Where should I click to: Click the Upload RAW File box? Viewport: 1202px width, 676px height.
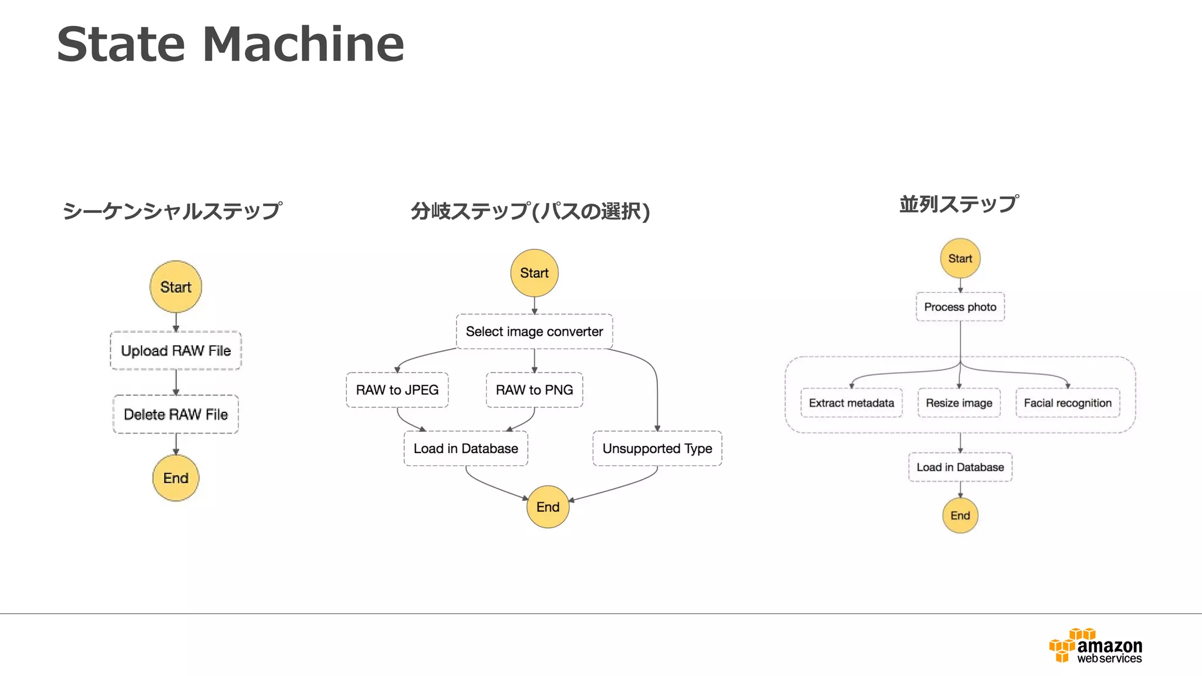(175, 351)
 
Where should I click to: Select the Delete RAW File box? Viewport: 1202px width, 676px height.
(175, 414)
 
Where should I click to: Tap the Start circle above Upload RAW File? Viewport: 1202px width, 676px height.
(175, 287)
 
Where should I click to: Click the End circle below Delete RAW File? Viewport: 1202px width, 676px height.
(175, 478)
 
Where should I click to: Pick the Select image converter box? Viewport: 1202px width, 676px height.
(534, 332)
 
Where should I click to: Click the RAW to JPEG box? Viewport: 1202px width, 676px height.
(397, 390)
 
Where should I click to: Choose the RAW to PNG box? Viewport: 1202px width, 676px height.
(534, 390)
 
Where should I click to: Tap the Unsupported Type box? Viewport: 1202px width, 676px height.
(657, 449)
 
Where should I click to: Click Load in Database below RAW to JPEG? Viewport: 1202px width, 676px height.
(465, 449)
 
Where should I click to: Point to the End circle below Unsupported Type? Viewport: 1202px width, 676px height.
(548, 507)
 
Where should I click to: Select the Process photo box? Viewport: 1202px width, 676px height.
(960, 307)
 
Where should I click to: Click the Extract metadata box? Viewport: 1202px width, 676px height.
(851, 403)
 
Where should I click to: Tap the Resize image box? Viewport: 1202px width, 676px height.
(959, 403)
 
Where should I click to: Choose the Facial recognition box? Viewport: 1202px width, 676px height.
(1068, 403)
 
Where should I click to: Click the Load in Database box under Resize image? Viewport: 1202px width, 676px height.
(960, 468)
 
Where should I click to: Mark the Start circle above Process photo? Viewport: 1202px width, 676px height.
(960, 259)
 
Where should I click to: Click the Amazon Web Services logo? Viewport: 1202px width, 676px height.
(1095, 646)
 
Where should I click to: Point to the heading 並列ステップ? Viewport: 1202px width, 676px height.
(959, 204)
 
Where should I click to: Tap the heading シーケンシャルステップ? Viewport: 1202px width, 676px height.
(172, 211)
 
